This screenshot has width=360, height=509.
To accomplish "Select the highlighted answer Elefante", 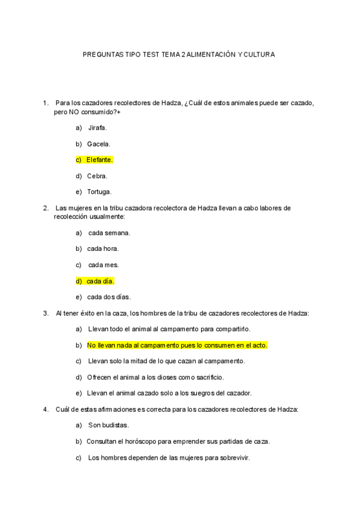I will [99, 160].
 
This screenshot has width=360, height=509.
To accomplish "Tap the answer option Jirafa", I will [97, 127].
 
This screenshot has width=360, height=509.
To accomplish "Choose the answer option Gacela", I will [98, 144].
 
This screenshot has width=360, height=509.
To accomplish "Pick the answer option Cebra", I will [97, 176].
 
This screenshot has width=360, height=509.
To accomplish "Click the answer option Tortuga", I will [99, 192].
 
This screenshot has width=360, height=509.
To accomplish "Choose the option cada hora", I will [103, 248].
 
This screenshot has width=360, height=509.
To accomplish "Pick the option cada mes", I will [103, 265].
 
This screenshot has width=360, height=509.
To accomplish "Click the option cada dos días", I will [109, 297].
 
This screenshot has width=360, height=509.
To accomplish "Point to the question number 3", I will [46, 313].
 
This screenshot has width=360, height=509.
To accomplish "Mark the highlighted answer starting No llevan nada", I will [177, 345].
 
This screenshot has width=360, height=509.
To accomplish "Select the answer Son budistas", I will [109, 425].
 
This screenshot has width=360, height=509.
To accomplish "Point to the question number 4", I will [46, 409].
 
